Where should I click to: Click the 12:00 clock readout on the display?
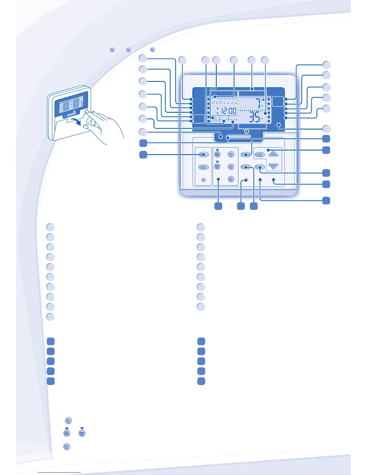point(228,111)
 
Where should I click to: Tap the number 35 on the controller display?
point(255,117)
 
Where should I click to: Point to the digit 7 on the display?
point(257,103)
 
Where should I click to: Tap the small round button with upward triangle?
point(217,154)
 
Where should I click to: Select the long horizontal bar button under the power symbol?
point(239,138)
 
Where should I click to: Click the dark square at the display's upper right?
point(278,101)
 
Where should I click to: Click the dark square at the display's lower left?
point(199,119)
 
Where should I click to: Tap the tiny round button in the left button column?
point(203,180)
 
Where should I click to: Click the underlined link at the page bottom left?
point(59,473)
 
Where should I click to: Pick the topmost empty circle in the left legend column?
point(50,227)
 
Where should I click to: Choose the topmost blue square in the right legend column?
point(201,341)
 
